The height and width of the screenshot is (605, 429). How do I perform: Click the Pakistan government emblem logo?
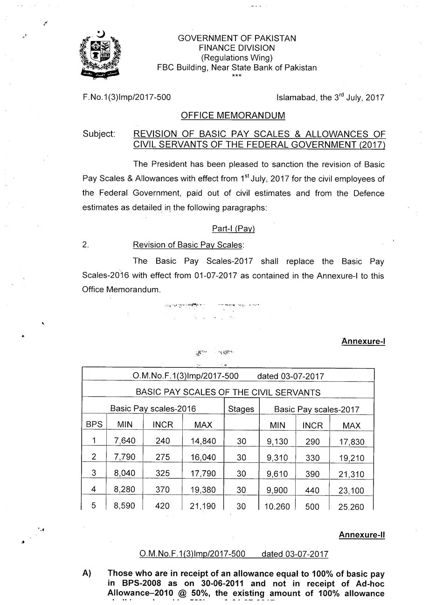pyautogui.click(x=100, y=55)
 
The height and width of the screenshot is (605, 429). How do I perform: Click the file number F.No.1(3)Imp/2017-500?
pyautogui.click(x=126, y=97)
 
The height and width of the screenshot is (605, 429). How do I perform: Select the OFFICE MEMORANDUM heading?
pyautogui.click(x=233, y=116)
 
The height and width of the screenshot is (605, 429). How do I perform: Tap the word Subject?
pyautogui.click(x=99, y=134)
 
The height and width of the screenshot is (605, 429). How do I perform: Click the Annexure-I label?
pyautogui.click(x=363, y=341)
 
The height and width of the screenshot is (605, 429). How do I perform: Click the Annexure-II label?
pyautogui.click(x=361, y=535)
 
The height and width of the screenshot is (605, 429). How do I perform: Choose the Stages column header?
pyautogui.click(x=241, y=409)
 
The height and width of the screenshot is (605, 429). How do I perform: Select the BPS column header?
pyautogui.click(x=94, y=425)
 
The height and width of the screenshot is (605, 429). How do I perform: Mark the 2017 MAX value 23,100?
pyautogui.click(x=351, y=490)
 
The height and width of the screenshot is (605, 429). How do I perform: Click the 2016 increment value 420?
pyautogui.click(x=162, y=506)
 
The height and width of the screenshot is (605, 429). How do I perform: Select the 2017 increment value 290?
pyautogui.click(x=312, y=441)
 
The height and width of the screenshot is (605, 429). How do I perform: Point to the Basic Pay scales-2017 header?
pyautogui.click(x=317, y=409)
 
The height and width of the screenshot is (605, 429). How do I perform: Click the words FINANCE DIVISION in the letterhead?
pyautogui.click(x=236, y=48)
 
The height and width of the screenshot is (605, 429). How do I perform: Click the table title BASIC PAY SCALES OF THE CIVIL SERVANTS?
pyautogui.click(x=228, y=392)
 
